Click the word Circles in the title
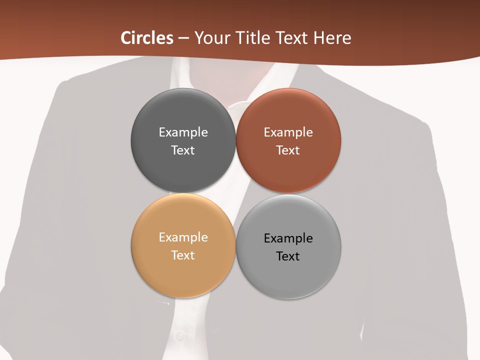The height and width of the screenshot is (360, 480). click(x=146, y=38)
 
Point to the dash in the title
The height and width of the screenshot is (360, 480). click(x=183, y=38)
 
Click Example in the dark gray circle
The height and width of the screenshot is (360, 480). click(x=183, y=132)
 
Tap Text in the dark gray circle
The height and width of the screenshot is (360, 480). click(x=183, y=150)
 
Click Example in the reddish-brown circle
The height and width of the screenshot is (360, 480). click(x=288, y=132)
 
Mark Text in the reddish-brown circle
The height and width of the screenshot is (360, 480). click(x=288, y=150)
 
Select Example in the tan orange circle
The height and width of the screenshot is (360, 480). click(x=183, y=237)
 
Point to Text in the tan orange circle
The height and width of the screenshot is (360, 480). click(x=183, y=255)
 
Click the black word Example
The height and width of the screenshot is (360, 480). click(x=288, y=238)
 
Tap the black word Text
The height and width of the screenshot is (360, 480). click(x=288, y=256)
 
